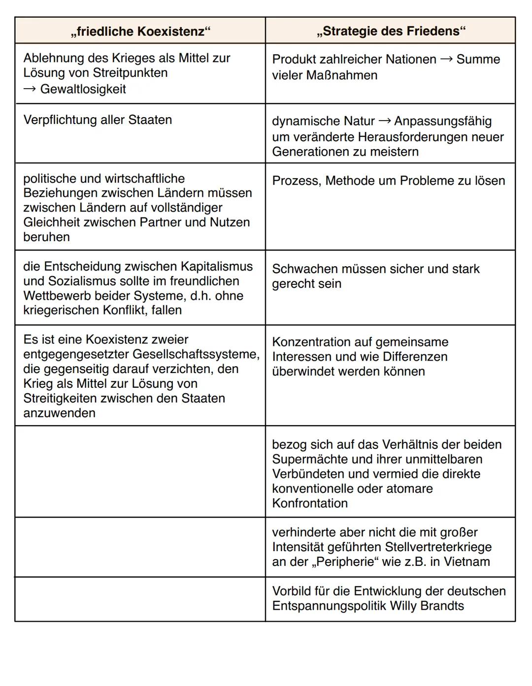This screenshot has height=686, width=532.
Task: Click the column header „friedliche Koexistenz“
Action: tap(140, 31)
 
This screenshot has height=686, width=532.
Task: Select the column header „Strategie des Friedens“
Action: tap(391, 31)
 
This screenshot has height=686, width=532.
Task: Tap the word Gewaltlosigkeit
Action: tap(83, 89)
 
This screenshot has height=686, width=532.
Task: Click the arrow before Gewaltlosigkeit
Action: tap(30, 89)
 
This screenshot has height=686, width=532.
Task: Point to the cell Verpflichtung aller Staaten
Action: tap(98, 120)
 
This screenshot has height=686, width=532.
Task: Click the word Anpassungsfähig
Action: tap(442, 121)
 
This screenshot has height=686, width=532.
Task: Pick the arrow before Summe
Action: tap(446, 60)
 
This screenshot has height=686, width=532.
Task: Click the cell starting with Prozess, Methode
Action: tap(388, 181)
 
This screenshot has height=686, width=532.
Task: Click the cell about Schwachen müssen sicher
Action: tap(375, 276)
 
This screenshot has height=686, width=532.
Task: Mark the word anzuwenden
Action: tap(59, 413)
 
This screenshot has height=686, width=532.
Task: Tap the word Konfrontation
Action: tap(309, 503)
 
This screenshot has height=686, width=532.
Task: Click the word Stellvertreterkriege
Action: tap(438, 547)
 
